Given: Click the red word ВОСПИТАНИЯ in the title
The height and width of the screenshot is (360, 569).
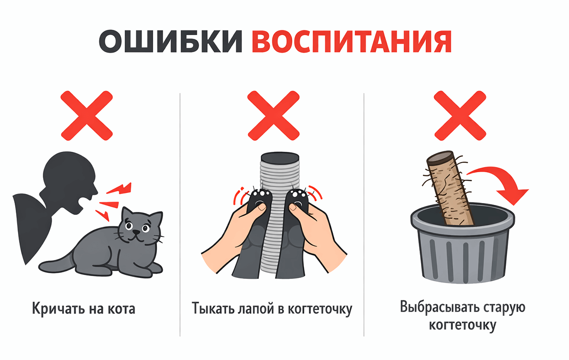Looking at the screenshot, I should coord(351,42).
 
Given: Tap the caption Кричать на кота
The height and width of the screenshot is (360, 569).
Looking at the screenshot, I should coord(83,309).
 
